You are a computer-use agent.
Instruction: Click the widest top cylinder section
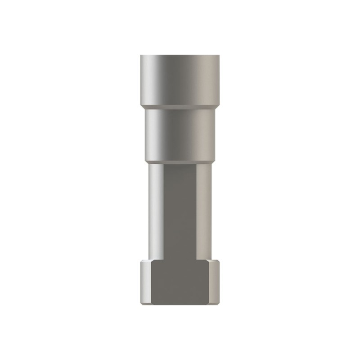tap(180, 79)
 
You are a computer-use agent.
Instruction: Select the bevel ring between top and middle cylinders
tap(180, 108)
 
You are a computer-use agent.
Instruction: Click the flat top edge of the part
tap(180, 55)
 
